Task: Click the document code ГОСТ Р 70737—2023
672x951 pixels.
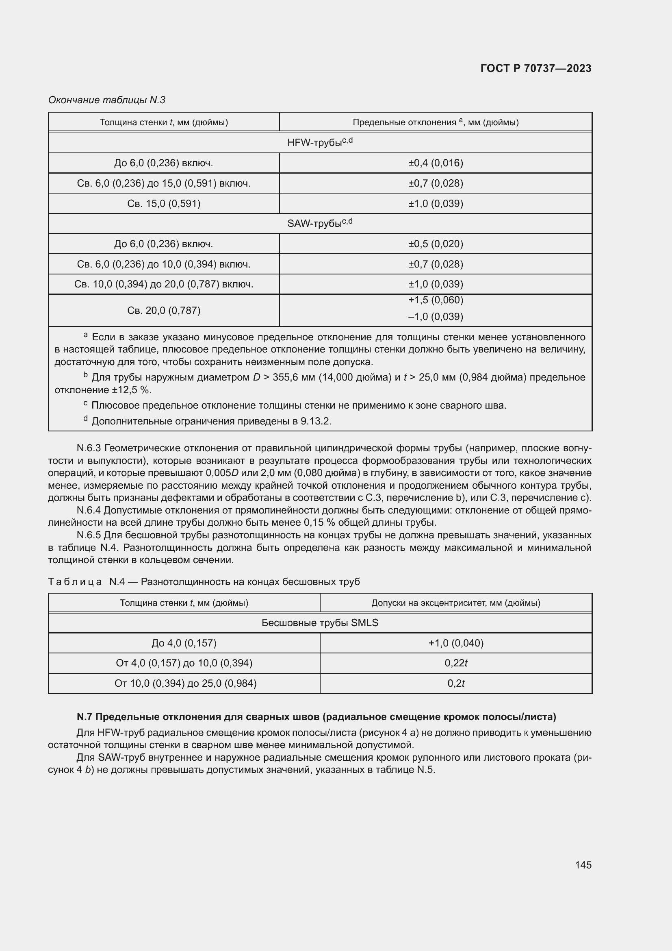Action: (x=535, y=68)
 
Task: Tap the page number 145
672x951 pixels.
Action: (x=583, y=865)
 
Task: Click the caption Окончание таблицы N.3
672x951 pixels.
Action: (x=107, y=100)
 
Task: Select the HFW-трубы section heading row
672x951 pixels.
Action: (x=319, y=142)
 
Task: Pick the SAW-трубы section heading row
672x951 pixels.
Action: (x=319, y=223)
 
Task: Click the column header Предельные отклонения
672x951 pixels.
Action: (x=435, y=122)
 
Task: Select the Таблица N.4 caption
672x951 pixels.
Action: (x=204, y=581)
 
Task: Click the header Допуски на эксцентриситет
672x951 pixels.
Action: (x=455, y=603)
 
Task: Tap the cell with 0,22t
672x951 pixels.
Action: (x=455, y=663)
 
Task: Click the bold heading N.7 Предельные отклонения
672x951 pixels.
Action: (x=316, y=716)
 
